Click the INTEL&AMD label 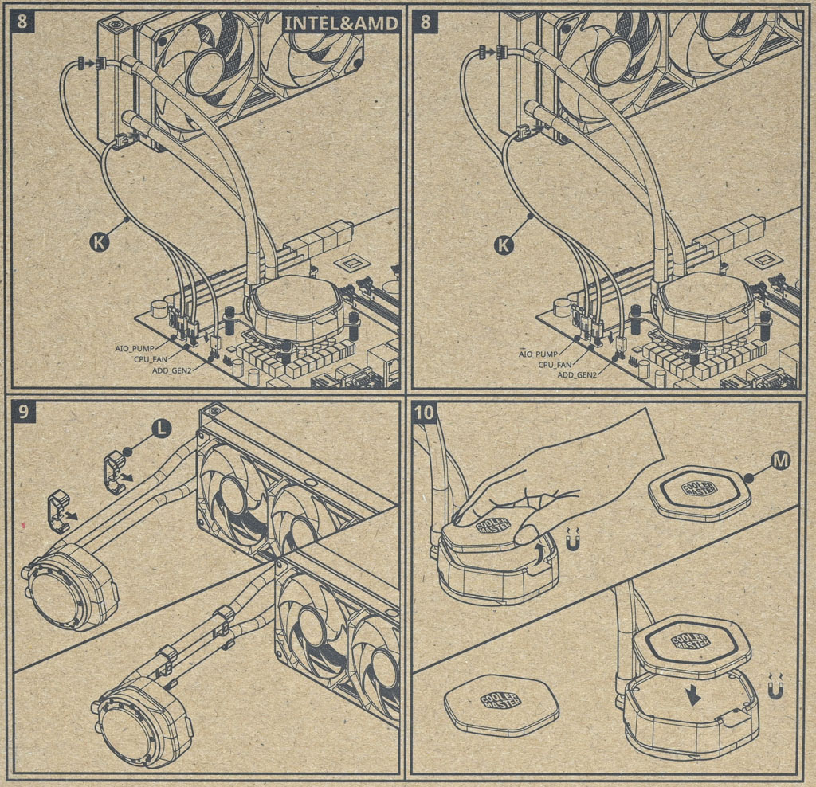(340, 23)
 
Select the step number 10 (426, 413)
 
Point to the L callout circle (161, 428)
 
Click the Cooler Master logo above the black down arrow (691, 640)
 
